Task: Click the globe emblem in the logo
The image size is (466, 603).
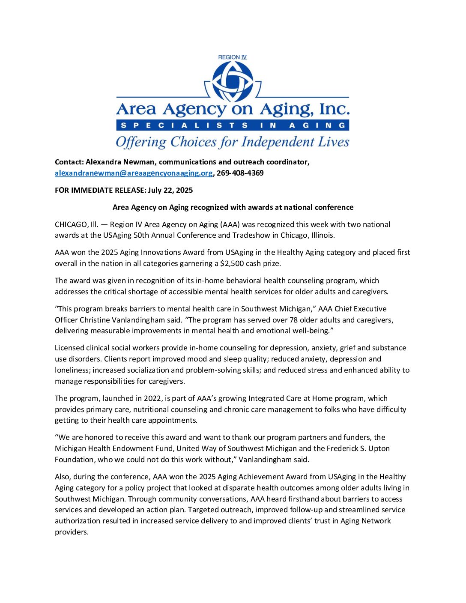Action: (x=233, y=81)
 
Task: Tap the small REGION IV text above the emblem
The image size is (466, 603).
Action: (x=232, y=57)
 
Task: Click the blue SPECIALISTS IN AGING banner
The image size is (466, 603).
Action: (x=233, y=125)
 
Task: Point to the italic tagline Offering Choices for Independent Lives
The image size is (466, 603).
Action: (x=233, y=142)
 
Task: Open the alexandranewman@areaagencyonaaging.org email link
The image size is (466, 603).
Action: (x=134, y=173)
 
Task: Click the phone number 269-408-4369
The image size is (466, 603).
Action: (x=240, y=173)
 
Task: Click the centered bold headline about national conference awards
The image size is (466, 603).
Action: (x=233, y=207)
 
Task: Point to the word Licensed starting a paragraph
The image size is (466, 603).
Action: (x=69, y=348)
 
